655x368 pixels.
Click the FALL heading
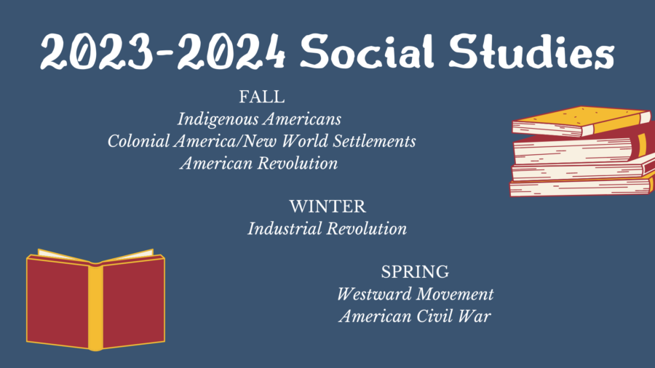click(x=262, y=97)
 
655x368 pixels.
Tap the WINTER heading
click(x=327, y=207)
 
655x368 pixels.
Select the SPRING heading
click(x=415, y=272)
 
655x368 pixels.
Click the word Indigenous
click(x=218, y=120)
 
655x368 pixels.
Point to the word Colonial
click(x=139, y=141)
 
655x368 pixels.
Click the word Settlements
click(x=374, y=141)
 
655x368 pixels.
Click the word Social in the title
click(x=368, y=52)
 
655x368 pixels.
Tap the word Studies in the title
click(x=532, y=52)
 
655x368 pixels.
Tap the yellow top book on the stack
click(x=581, y=121)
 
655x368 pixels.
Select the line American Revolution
click(x=259, y=163)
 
